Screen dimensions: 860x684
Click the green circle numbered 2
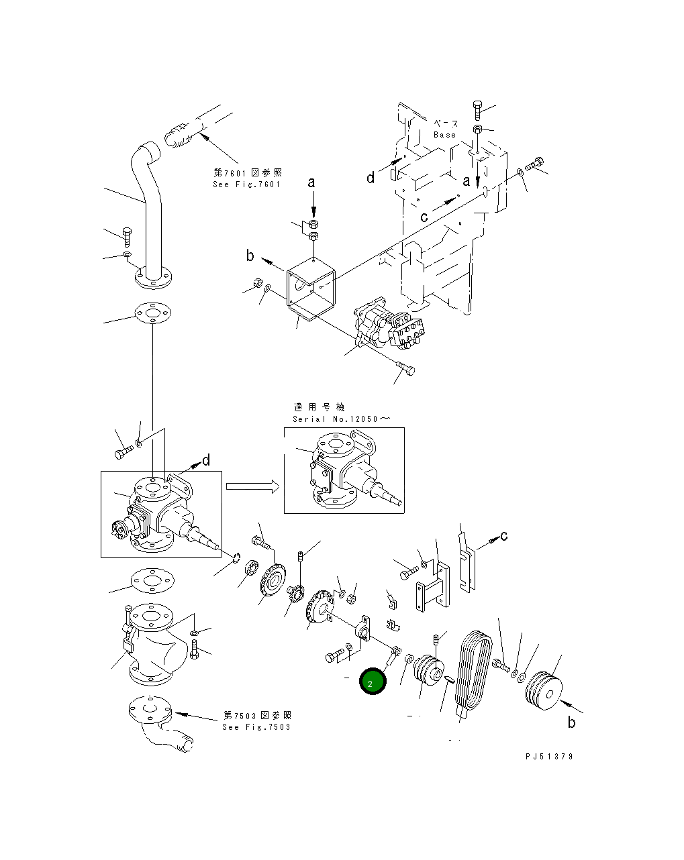point(373,682)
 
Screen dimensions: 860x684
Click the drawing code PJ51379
point(549,756)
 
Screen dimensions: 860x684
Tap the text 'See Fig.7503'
point(256,727)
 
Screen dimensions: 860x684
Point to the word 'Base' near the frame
point(444,135)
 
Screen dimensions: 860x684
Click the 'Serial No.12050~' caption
point(341,419)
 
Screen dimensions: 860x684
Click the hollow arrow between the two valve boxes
point(252,486)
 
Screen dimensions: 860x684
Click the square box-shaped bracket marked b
point(310,288)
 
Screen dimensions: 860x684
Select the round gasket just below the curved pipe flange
point(154,314)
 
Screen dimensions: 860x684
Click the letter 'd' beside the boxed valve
point(206,460)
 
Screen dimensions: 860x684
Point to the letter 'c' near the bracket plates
point(503,535)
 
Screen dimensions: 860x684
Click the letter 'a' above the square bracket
point(311,182)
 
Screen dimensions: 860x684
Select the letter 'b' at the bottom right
point(572,722)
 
